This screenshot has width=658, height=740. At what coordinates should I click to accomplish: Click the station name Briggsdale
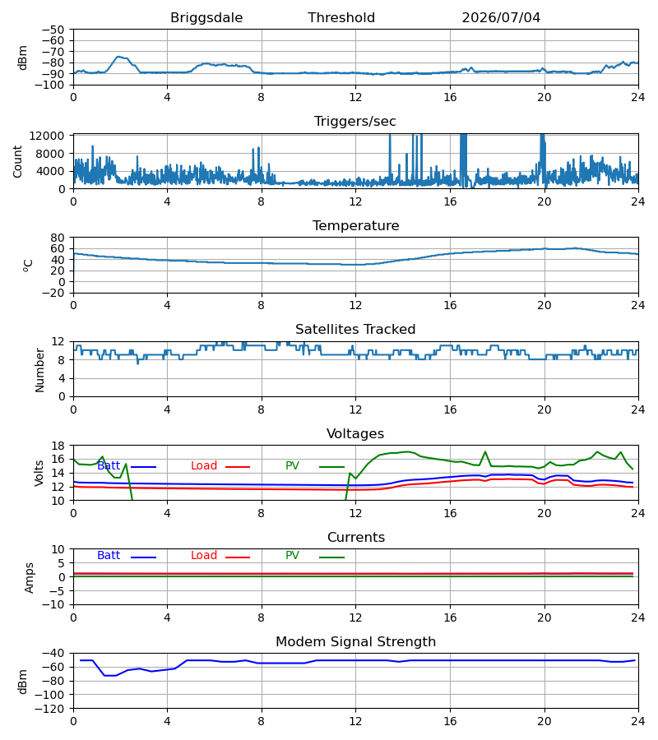206,18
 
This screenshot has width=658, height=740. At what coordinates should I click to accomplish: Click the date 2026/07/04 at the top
501,18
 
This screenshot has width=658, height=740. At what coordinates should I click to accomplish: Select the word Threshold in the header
341,18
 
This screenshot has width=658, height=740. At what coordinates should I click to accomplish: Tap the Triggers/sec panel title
355,122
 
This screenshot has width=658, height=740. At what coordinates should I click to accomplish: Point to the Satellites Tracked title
355,330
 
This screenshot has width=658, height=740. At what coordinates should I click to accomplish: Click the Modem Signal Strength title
355,642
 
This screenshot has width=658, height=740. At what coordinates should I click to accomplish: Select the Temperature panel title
355,225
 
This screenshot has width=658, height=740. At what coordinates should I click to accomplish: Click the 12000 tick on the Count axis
47,136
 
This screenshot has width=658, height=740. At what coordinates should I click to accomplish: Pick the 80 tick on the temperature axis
58,238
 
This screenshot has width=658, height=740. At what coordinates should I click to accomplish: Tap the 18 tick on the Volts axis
58,446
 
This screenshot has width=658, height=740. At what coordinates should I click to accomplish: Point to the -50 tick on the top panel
53,30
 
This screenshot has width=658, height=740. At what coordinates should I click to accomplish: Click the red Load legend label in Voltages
204,466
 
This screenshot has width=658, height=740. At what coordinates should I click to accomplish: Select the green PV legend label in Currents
292,556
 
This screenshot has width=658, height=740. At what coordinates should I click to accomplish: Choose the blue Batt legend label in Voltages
109,466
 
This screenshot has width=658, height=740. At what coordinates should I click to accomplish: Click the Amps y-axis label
30,578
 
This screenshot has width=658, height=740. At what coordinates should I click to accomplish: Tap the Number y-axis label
39,370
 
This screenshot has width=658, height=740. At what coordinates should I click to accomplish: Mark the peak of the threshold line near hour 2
118,57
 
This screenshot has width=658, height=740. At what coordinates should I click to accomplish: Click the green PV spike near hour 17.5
485,451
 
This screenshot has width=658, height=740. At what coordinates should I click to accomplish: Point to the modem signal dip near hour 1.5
110,675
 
